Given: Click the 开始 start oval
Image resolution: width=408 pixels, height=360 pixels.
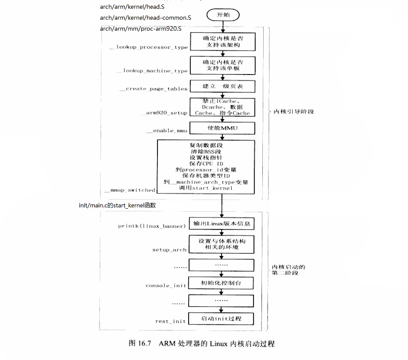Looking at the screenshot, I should (223, 14).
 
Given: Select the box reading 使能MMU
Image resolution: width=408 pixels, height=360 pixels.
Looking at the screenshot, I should (222, 128).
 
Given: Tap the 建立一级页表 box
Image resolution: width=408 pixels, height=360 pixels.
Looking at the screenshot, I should (222, 86).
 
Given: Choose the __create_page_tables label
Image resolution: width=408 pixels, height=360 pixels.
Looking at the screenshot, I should (154, 89).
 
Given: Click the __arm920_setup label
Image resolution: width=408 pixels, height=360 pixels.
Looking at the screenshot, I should (165, 113).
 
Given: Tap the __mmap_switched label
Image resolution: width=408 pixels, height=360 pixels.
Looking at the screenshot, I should (129, 190).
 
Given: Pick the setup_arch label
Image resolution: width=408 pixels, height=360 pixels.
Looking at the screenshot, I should (169, 250).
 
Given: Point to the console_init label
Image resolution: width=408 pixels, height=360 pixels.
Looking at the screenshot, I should (166, 285).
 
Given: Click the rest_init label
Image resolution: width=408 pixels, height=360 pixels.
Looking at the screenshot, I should (171, 321).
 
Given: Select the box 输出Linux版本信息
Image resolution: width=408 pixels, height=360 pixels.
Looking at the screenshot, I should (222, 224).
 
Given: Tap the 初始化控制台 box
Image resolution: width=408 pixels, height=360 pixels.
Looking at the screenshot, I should (222, 283).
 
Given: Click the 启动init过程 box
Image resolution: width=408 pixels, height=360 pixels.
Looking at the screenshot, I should (222, 319).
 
